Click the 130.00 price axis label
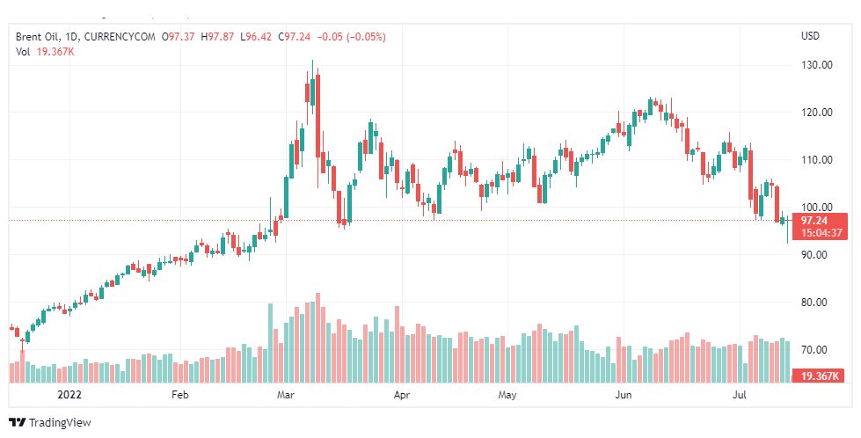[816, 65]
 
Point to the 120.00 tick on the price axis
[816, 113]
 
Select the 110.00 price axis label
[816, 160]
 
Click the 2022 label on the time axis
[69, 396]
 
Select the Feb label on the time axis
[179, 396]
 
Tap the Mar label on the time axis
[285, 396]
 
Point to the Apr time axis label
[402, 396]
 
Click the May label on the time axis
[507, 396]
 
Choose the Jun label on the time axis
[624, 396]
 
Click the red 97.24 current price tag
[817, 221]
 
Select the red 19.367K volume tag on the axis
[821, 376]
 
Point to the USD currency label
[810, 36]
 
